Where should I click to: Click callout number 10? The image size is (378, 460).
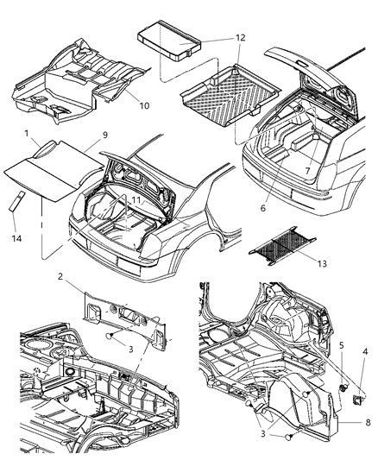coord(145,106)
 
